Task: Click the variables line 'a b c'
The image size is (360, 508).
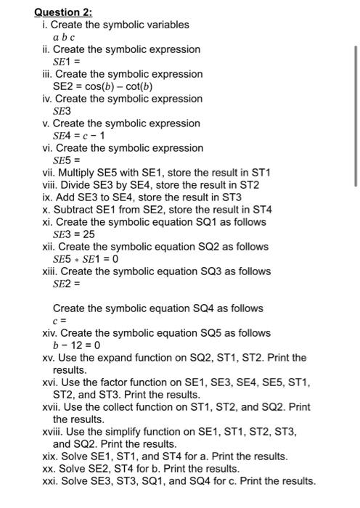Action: [64, 37]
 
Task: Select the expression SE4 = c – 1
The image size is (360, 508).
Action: [81, 135]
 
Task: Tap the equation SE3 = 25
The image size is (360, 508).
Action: [75, 234]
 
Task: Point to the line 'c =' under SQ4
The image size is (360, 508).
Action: [60, 320]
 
